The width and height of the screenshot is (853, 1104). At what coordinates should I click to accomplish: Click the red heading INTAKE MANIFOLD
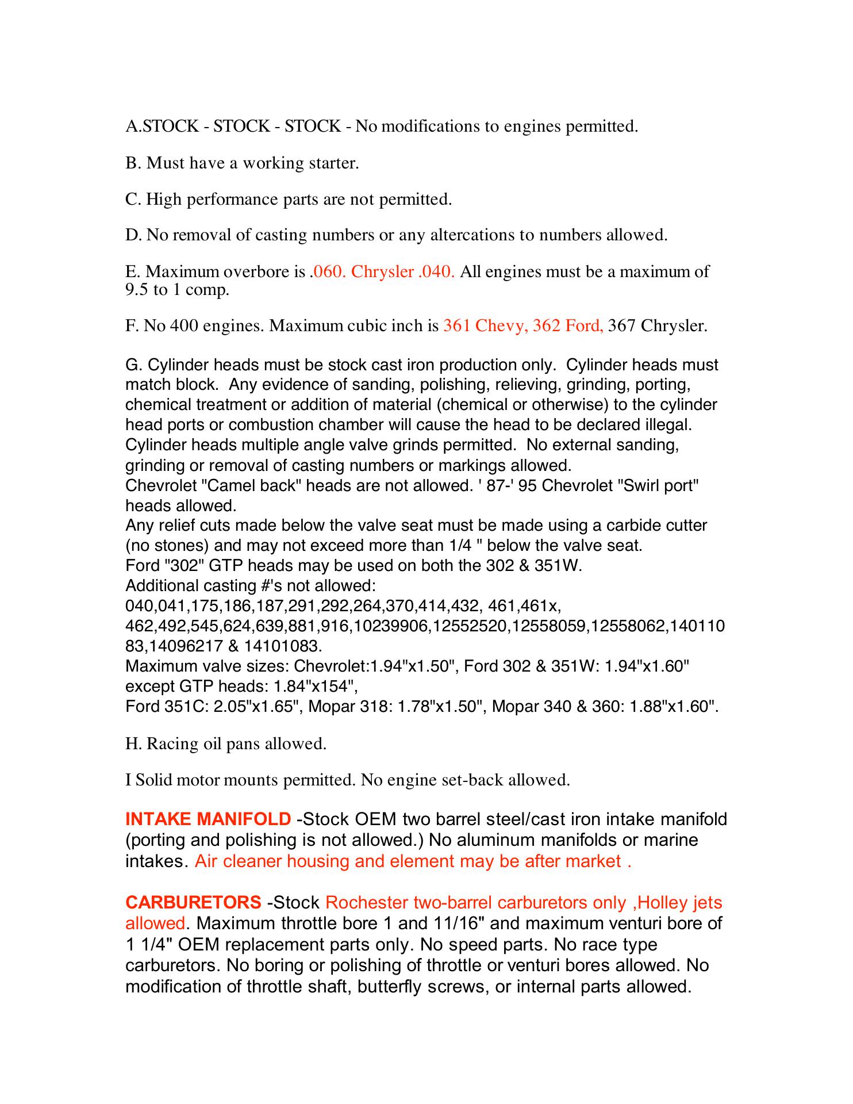(x=208, y=819)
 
